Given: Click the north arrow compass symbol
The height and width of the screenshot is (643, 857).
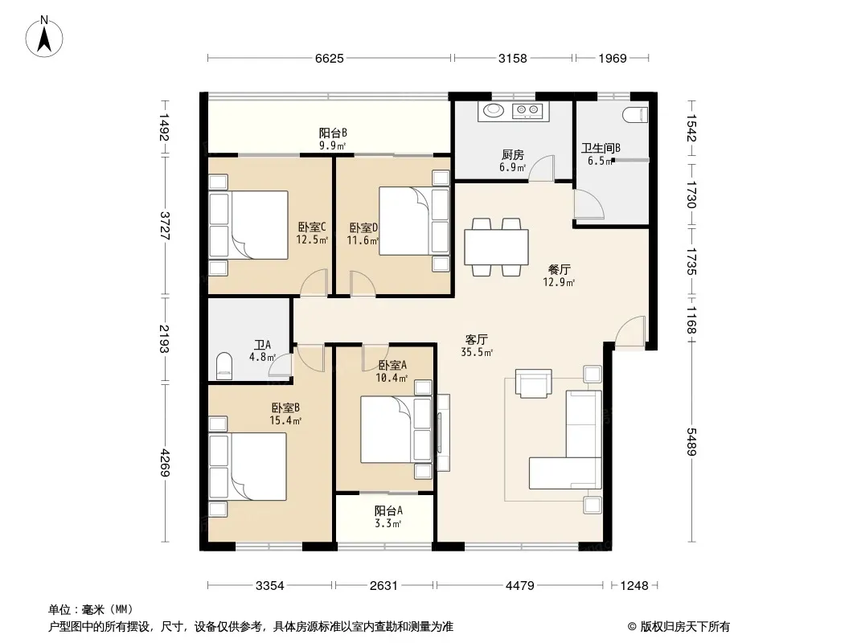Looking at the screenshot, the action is (44, 37).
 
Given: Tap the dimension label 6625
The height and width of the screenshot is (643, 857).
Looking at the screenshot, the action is (330, 59).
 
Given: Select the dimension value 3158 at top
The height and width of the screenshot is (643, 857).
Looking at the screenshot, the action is (513, 59).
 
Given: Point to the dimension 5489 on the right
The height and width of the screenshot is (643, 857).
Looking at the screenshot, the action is (691, 441).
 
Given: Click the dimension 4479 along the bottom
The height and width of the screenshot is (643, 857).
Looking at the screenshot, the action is (520, 586).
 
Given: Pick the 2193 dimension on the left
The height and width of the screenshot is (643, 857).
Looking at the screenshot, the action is (165, 338).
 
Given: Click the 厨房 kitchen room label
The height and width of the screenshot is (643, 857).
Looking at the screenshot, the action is (513, 155).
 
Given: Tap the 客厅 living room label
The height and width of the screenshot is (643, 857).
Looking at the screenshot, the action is (477, 339).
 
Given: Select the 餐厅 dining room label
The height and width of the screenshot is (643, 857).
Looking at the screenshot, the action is (559, 269).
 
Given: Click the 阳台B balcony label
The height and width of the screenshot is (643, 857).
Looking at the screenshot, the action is (334, 133).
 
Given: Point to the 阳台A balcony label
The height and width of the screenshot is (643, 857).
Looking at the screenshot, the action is (388, 511).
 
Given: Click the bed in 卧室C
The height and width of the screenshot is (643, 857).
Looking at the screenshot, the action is (248, 224).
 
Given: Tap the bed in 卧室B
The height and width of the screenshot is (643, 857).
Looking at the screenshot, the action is (248, 466).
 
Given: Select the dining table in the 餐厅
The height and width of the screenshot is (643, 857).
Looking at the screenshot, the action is (496, 247).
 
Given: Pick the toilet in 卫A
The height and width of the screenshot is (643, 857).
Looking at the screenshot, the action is (224, 366).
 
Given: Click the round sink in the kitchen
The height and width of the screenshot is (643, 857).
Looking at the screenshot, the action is (494, 110).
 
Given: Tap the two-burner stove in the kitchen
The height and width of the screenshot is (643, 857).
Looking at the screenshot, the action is (527, 111).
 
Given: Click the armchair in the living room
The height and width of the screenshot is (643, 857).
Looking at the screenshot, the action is (534, 383).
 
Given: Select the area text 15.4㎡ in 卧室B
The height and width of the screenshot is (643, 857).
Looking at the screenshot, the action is (285, 420).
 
